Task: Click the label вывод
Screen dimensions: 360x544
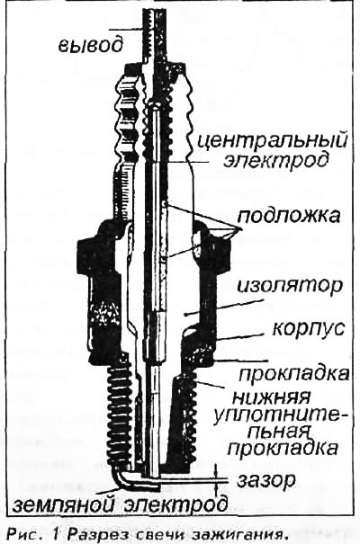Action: point(90,45)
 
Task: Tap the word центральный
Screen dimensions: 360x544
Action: point(273,141)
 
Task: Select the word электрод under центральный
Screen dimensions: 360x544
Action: point(276,161)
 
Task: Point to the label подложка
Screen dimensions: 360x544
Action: point(289,216)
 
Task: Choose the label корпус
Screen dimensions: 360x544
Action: point(309,328)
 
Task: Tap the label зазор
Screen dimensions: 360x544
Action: point(266,481)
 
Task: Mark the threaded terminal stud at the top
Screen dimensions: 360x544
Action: point(153,33)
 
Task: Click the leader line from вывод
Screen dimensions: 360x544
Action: point(125,30)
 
